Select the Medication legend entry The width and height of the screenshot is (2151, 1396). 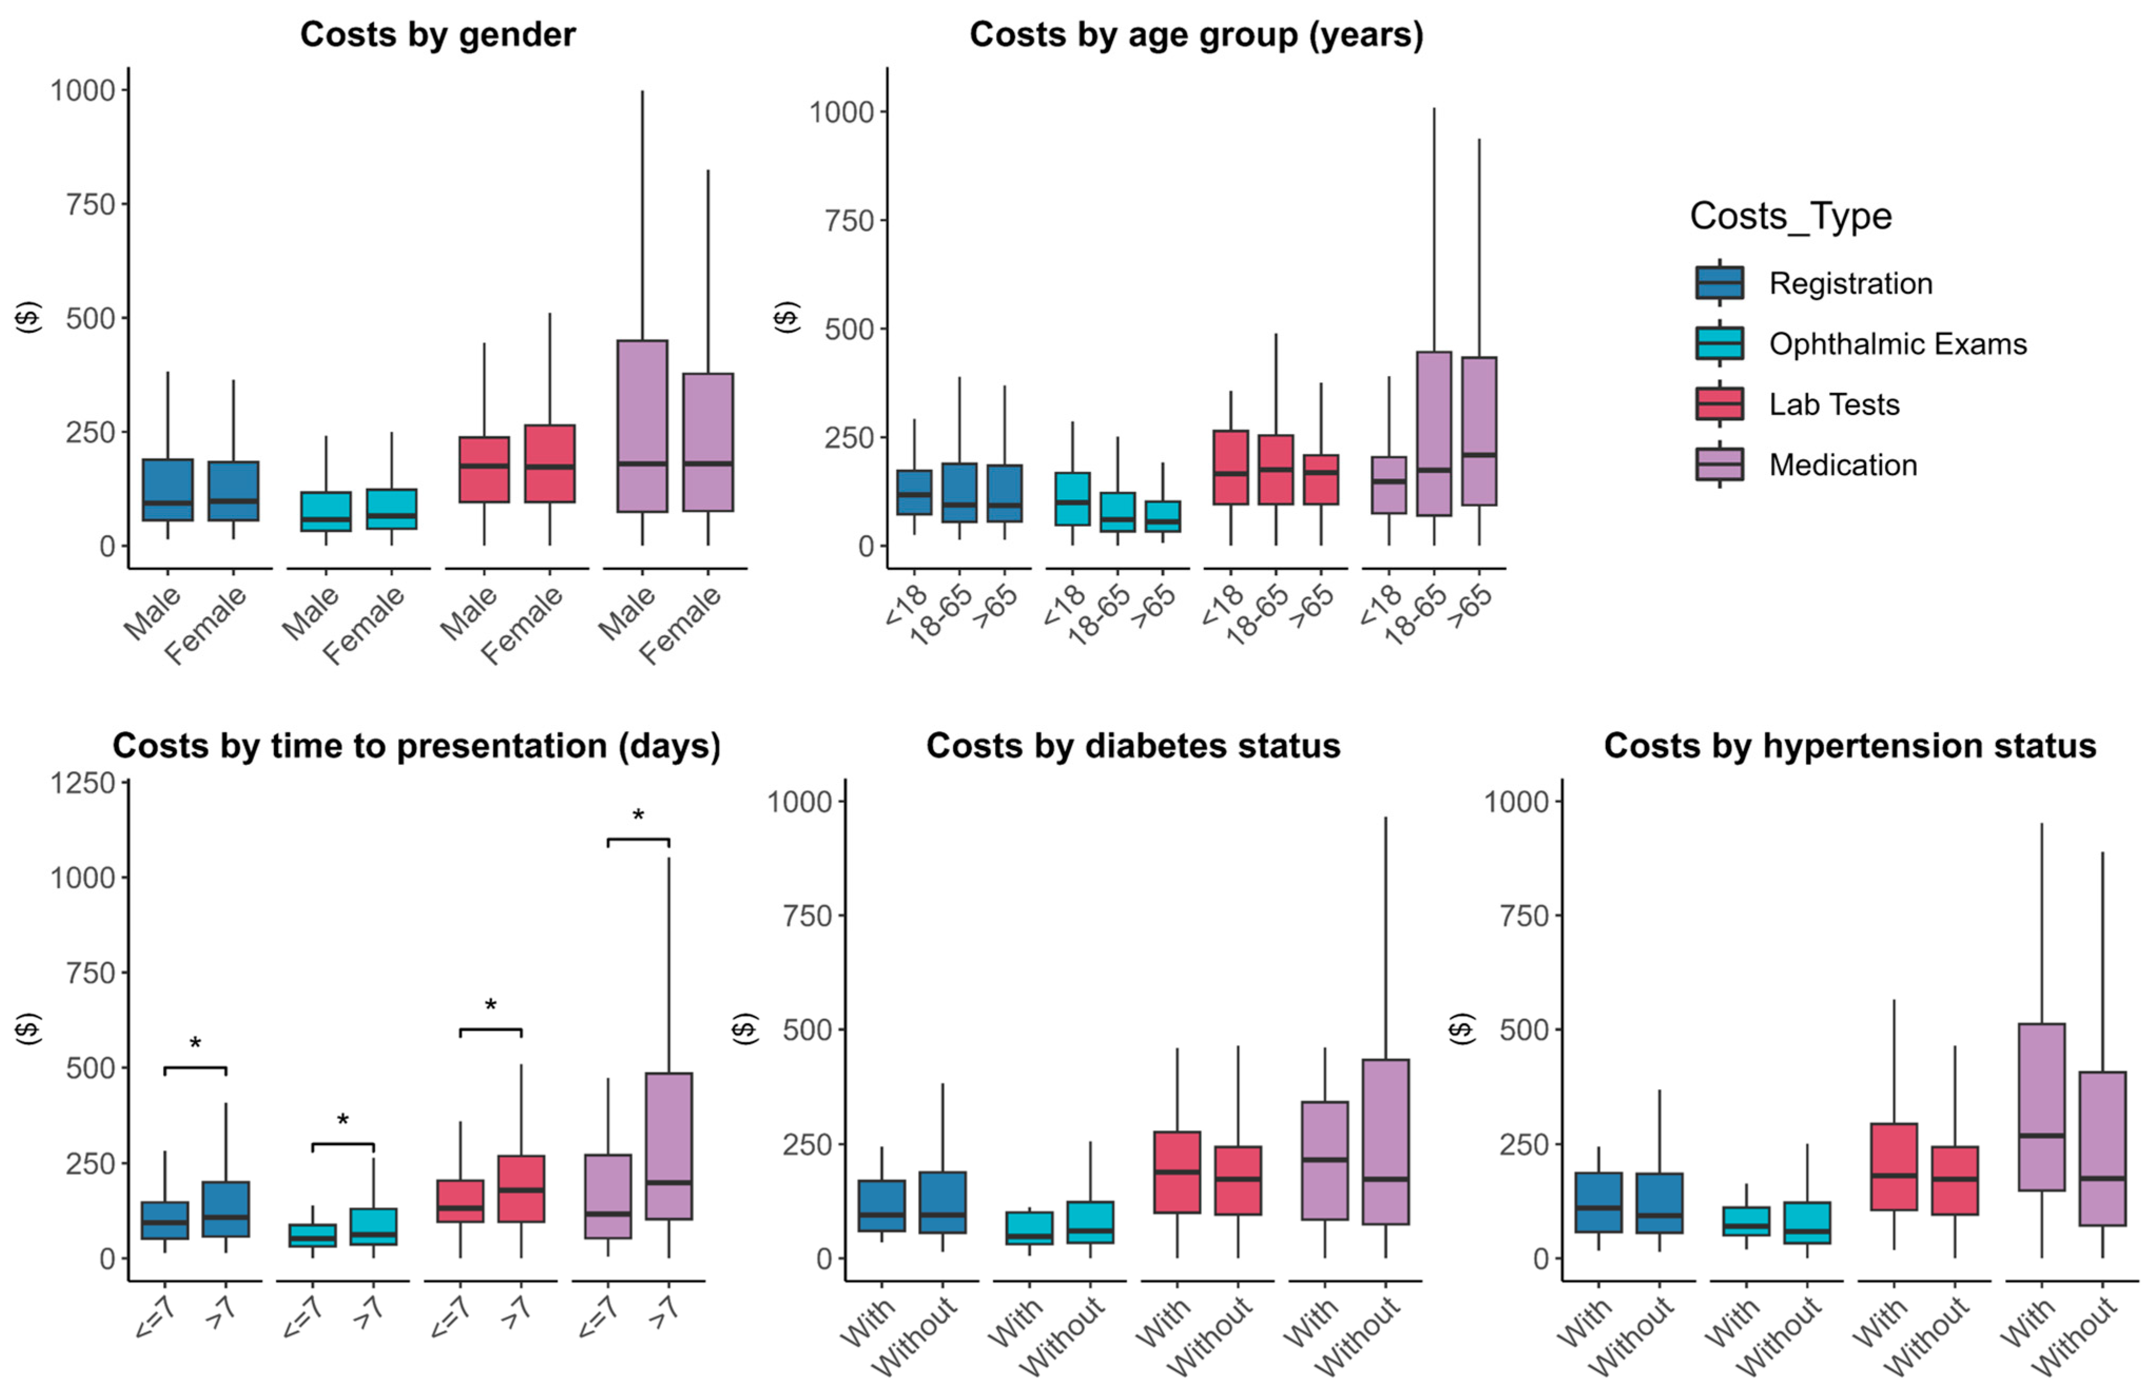coord(1842,464)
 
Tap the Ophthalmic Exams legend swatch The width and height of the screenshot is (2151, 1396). coord(1719,343)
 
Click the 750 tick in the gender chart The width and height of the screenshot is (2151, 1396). coord(90,204)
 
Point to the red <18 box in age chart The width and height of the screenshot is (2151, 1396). coord(1230,467)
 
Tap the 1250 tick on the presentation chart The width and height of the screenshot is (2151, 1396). coord(83,782)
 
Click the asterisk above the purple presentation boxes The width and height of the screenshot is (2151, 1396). coord(638,817)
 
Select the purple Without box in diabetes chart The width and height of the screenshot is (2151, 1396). coord(1384,1141)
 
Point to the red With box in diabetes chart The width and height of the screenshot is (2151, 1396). coord(1177,1172)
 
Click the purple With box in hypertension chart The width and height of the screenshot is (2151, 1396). coord(2041,1107)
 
